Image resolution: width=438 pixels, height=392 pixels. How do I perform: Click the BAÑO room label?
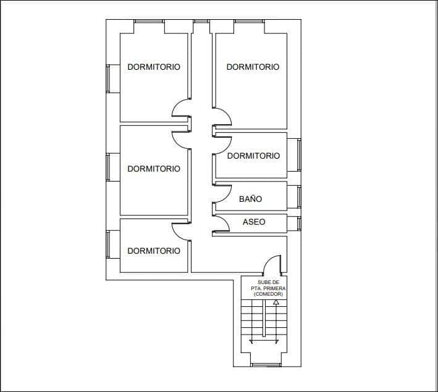pyautogui.click(x=250, y=199)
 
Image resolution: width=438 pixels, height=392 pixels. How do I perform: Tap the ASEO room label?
pyautogui.click(x=253, y=222)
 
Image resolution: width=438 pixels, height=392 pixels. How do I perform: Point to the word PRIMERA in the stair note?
pyautogui.click(x=274, y=288)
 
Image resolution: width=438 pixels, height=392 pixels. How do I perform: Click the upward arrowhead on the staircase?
pyautogui.click(x=277, y=302)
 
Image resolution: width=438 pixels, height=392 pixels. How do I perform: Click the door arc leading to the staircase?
pyautogui.click(x=272, y=265)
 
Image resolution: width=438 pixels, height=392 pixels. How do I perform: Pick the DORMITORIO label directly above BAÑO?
pyautogui.click(x=253, y=156)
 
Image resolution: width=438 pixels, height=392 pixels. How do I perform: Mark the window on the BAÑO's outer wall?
pyautogui.click(x=299, y=196)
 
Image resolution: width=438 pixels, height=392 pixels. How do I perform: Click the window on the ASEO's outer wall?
pyautogui.click(x=299, y=223)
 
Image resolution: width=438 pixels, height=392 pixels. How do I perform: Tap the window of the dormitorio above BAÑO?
pyautogui.click(x=299, y=154)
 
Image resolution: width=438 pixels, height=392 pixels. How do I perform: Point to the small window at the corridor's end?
pyautogui.click(x=201, y=21)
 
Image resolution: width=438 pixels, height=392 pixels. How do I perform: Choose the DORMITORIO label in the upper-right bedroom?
pyautogui.click(x=253, y=67)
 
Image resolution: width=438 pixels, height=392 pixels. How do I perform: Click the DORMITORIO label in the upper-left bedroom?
pyautogui.click(x=154, y=67)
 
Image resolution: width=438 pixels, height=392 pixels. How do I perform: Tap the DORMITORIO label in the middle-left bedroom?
pyautogui.click(x=154, y=169)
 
